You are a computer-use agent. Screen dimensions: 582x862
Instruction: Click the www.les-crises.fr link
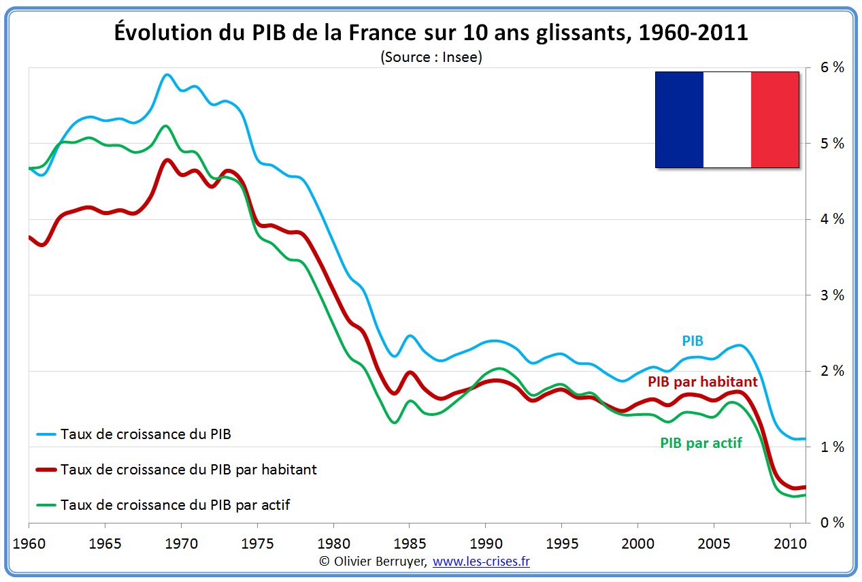point(481,562)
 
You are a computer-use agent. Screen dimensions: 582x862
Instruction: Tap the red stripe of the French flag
point(775,119)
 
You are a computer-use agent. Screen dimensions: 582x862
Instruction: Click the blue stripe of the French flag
point(679,119)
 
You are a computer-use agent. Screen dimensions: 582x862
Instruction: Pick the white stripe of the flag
point(727,119)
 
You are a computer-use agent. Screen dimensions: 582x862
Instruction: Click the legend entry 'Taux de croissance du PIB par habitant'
point(188,470)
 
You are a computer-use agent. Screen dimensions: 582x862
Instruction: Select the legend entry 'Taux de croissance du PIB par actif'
point(176,505)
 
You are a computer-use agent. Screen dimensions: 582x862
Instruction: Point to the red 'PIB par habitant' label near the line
point(702,382)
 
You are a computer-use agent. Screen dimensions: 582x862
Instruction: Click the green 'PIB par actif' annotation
point(701,443)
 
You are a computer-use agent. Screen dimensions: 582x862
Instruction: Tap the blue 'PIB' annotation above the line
point(693,341)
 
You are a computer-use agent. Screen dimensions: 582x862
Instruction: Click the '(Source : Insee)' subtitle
point(431,57)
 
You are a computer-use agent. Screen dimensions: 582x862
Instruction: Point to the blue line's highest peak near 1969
point(167,75)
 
